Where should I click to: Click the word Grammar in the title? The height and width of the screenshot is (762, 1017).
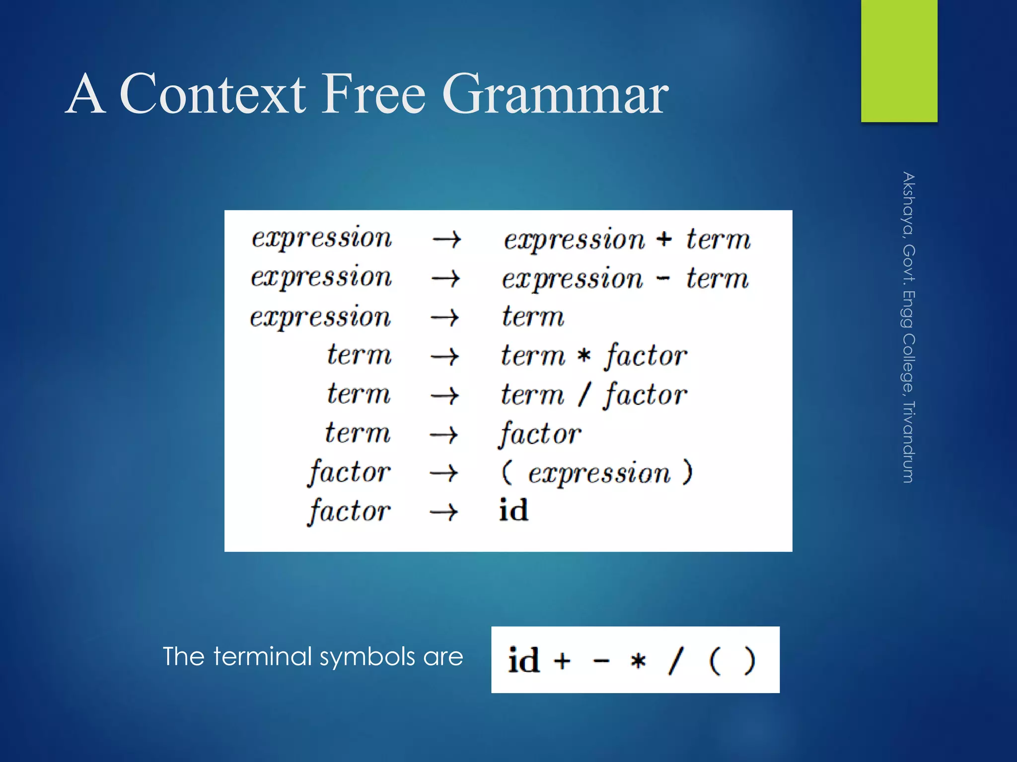coord(555,94)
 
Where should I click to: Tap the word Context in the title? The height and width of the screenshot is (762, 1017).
coord(213,94)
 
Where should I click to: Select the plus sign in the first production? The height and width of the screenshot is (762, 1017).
coord(664,239)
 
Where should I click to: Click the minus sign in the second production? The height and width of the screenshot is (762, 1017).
coord(663,279)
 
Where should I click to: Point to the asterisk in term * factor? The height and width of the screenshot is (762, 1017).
coord(584,356)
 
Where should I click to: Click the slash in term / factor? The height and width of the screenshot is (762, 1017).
coord(584,395)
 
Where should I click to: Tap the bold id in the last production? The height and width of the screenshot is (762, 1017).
coord(513,510)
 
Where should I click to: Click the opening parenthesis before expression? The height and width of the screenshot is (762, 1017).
coord(506,472)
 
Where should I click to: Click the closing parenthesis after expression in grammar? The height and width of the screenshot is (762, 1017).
coord(687,472)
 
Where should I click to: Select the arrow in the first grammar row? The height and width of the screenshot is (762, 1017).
coord(446,240)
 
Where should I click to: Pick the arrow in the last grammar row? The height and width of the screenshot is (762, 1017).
coord(443,511)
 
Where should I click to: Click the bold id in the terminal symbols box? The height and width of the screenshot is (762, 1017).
coord(523,661)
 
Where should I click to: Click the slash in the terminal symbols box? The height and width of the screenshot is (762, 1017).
coord(675,660)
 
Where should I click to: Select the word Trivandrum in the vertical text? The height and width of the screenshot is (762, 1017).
coord(908,442)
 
